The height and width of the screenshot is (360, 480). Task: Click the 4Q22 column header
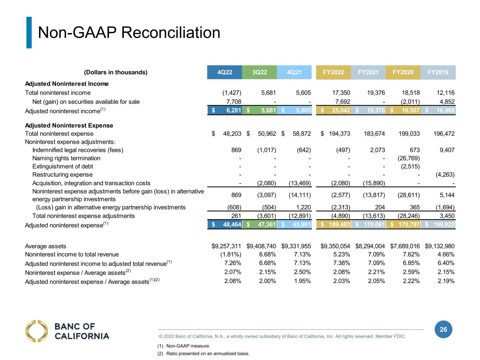click(x=224, y=72)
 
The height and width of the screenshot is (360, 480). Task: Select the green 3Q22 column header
click(x=260, y=72)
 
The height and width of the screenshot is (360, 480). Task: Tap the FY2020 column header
click(x=403, y=72)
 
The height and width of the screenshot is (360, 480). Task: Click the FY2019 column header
click(x=438, y=72)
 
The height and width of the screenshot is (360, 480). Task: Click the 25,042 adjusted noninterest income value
click(x=341, y=110)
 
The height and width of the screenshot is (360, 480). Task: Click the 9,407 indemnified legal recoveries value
click(x=447, y=150)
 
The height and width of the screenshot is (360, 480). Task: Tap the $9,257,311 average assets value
click(x=226, y=246)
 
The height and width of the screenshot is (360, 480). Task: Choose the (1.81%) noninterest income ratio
click(x=231, y=255)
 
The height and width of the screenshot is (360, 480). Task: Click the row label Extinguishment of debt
click(x=63, y=167)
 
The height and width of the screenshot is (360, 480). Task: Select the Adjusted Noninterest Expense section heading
click(x=69, y=126)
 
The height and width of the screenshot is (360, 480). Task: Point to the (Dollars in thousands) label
click(x=116, y=72)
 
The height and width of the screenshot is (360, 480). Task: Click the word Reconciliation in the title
click(x=171, y=33)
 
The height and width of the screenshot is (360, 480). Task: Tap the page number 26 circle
click(x=443, y=329)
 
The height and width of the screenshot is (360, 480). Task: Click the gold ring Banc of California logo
click(x=36, y=331)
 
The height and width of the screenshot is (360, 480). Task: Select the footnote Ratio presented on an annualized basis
click(x=208, y=353)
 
